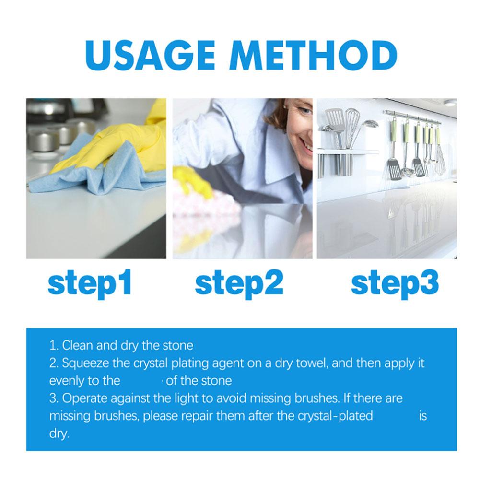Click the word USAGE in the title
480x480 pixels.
(150, 56)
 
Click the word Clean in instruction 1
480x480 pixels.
(78, 345)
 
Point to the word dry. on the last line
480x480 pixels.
(59, 434)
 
